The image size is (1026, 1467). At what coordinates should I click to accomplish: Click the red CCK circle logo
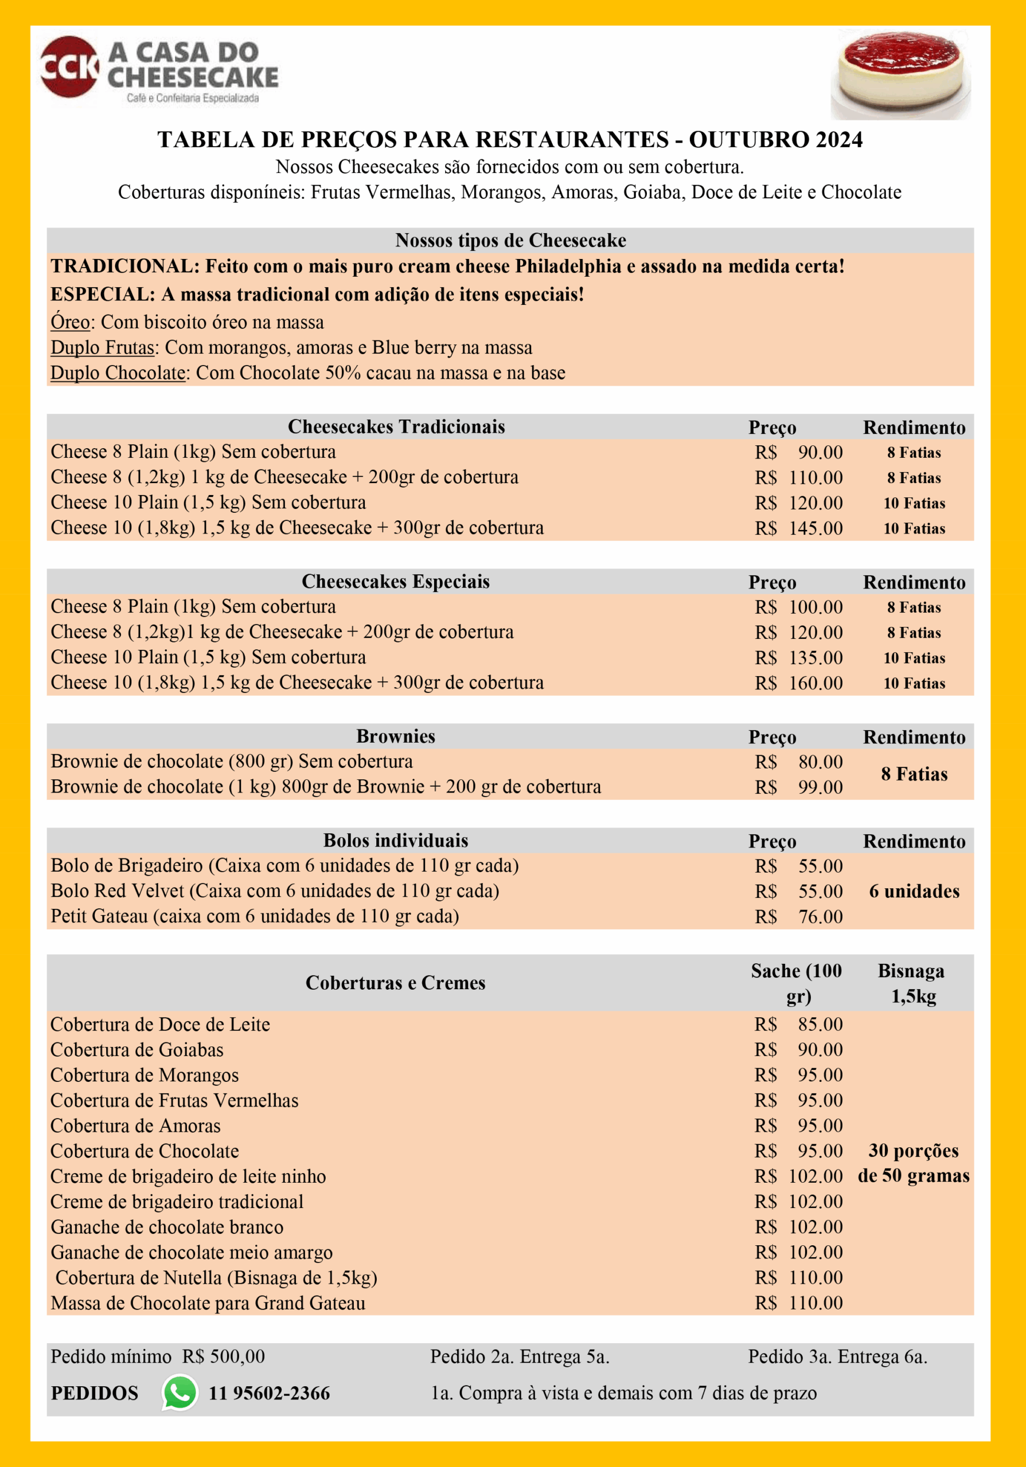pyautogui.click(x=69, y=66)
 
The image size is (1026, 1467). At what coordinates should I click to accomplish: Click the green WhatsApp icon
pyautogui.click(x=180, y=1393)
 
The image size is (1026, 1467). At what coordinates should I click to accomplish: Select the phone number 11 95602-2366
pyautogui.click(x=269, y=1393)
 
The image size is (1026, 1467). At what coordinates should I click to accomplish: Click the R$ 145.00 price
pyautogui.click(x=798, y=528)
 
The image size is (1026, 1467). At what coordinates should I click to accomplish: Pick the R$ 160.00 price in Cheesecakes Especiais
pyautogui.click(x=798, y=683)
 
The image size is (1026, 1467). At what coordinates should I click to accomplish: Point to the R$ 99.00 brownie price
pyautogui.click(x=798, y=787)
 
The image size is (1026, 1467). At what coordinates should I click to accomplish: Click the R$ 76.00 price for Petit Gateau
pyautogui.click(x=798, y=917)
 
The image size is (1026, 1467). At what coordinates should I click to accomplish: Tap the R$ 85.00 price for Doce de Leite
pyautogui.click(x=798, y=1024)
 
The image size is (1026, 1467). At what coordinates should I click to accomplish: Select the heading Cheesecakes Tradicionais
pyautogui.click(x=396, y=427)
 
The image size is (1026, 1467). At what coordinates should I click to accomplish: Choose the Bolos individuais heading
pyautogui.click(x=396, y=841)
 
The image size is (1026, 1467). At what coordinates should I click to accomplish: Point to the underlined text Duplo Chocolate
pyautogui.click(x=118, y=373)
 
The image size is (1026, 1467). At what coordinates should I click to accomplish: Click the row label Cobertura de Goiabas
pyautogui.click(x=137, y=1050)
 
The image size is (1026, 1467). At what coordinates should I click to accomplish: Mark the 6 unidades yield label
pyautogui.click(x=914, y=891)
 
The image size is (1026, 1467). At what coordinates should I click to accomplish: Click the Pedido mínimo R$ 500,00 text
pyautogui.click(x=157, y=1356)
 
